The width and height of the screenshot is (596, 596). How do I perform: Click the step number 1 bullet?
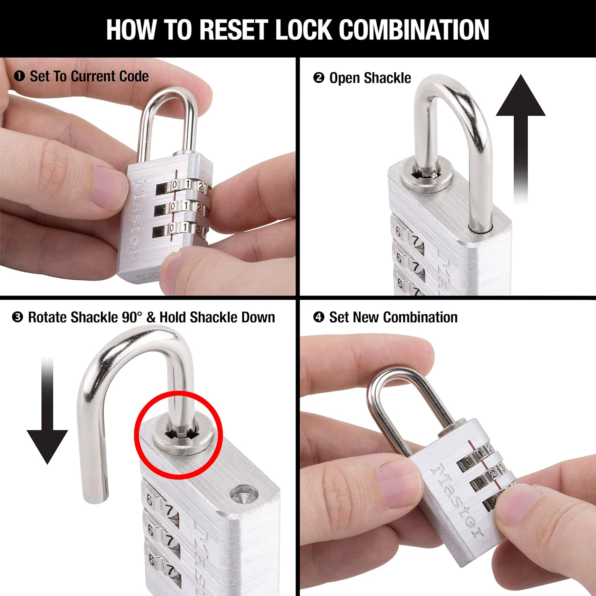click(19, 76)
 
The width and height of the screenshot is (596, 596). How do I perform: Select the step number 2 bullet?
click(318, 77)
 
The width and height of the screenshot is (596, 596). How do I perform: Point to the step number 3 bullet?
click(17, 317)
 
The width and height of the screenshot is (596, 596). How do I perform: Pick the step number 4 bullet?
click(318, 317)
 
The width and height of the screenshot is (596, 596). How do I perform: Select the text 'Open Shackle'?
click(370, 78)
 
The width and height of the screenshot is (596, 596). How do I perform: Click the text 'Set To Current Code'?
click(89, 76)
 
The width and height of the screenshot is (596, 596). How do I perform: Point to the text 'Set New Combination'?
click(393, 317)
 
